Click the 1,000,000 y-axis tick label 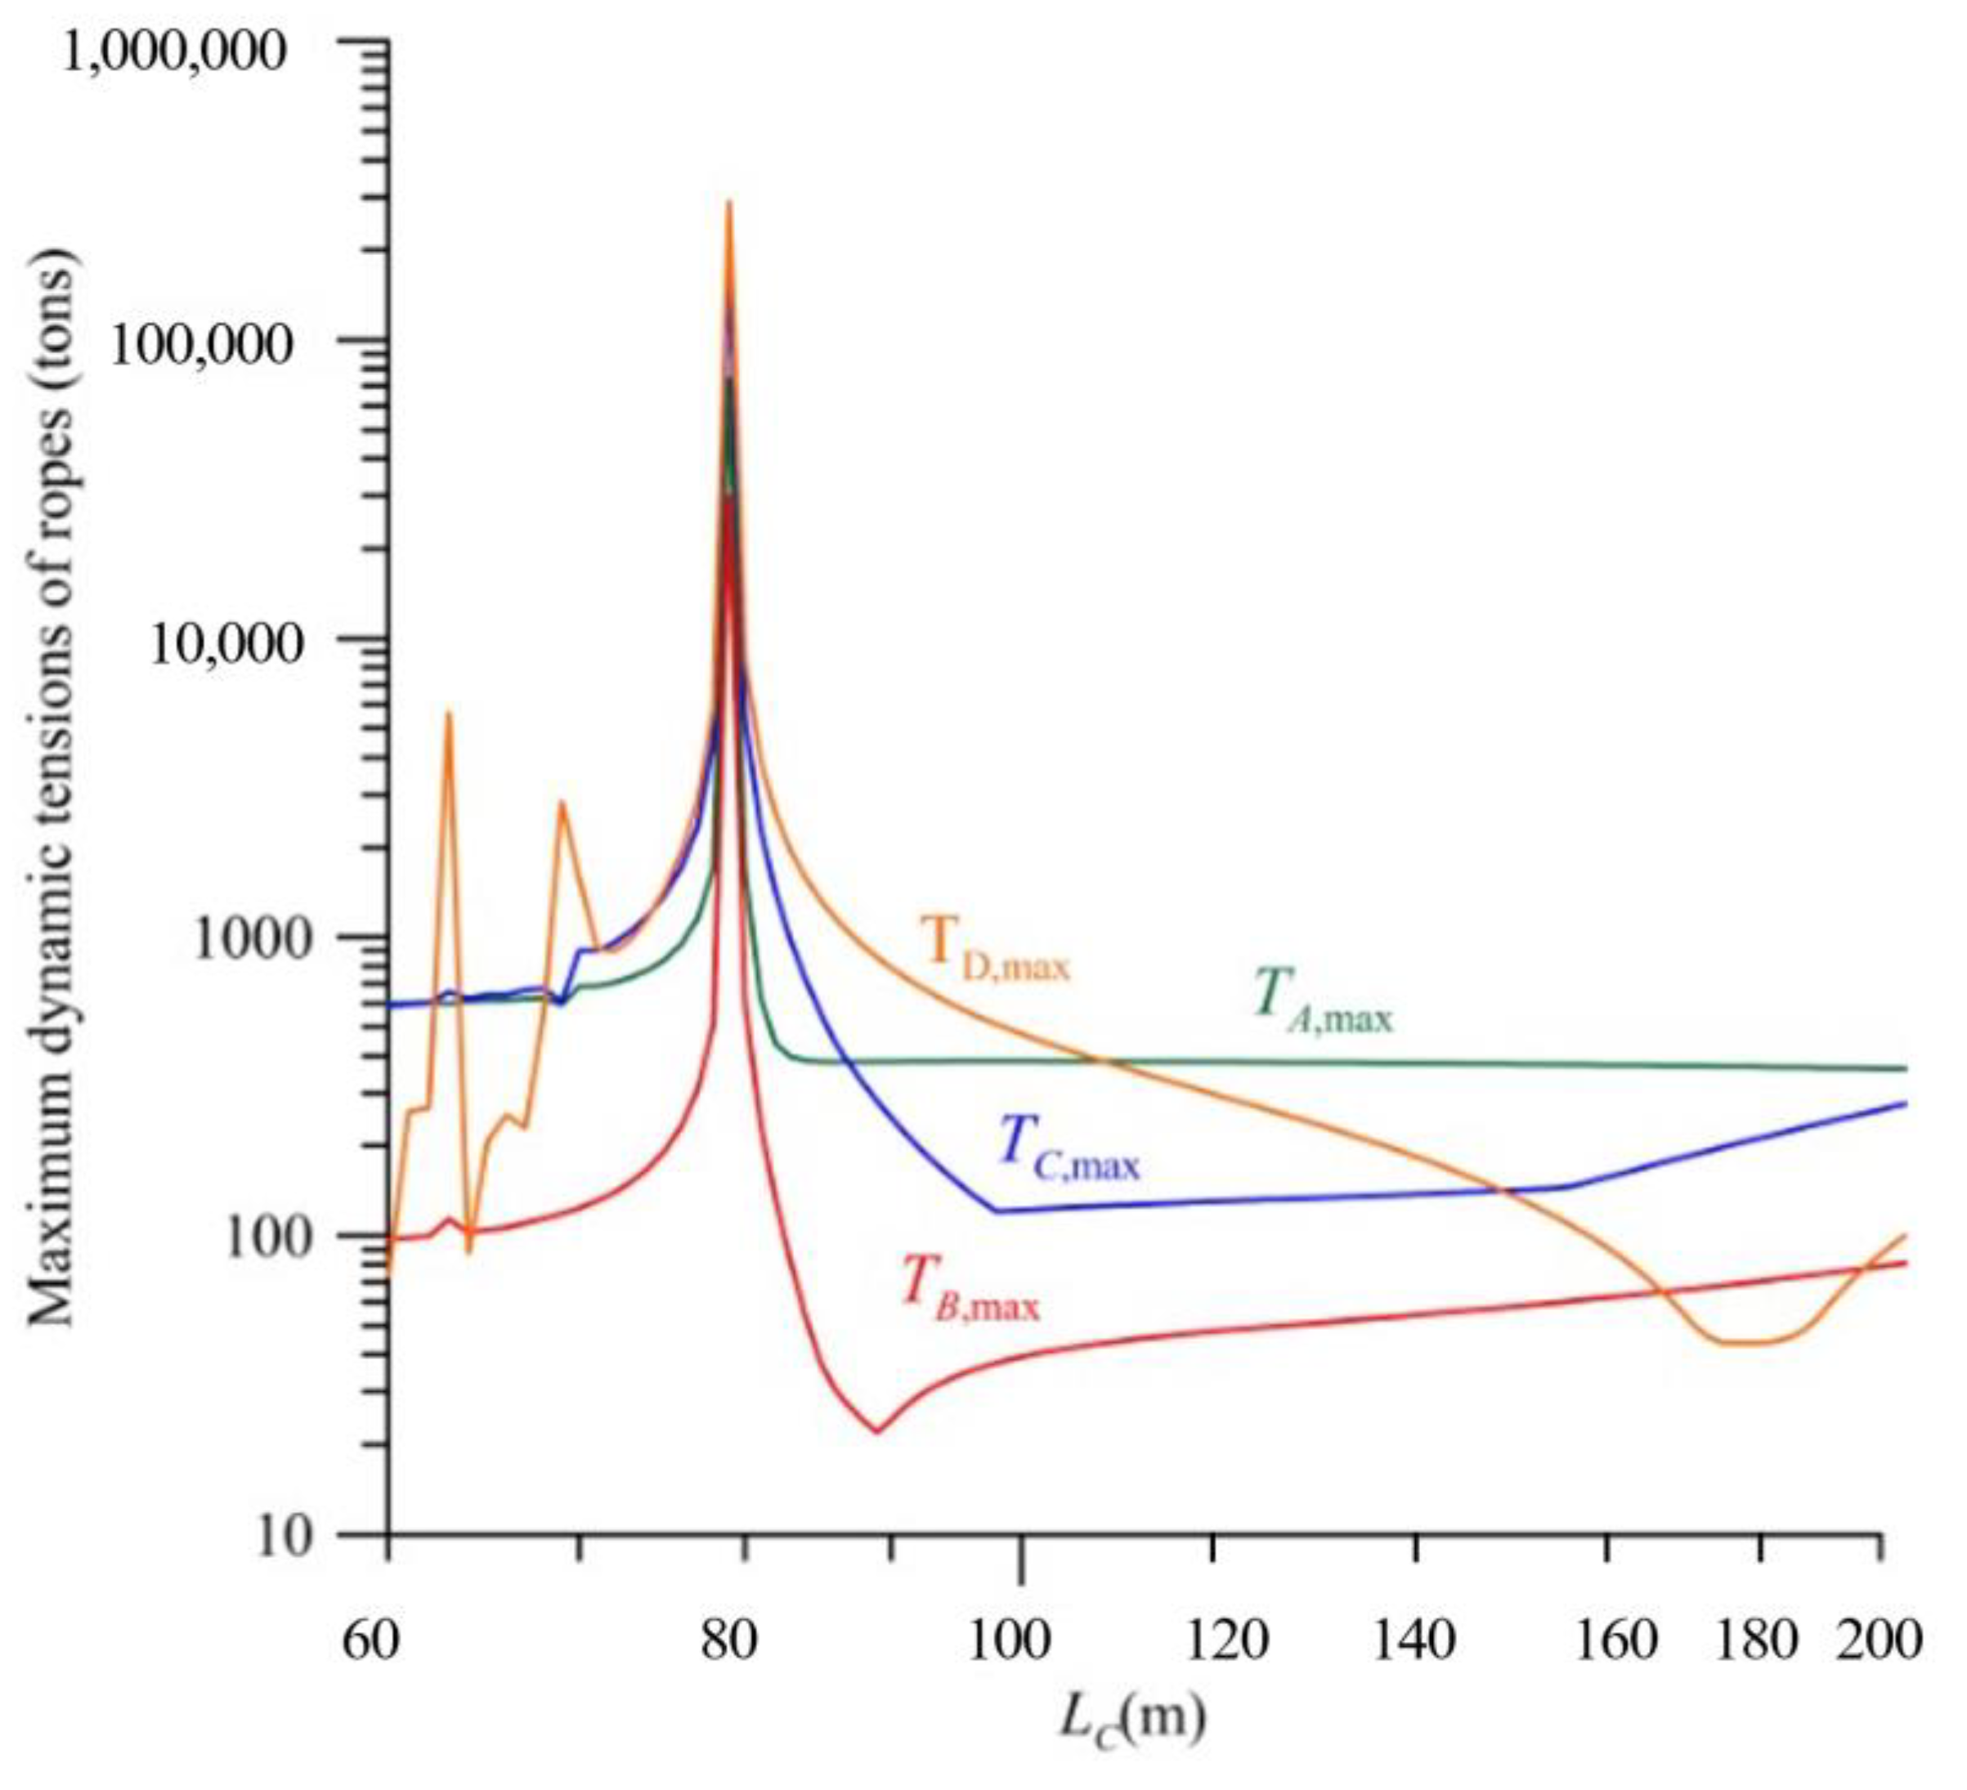[x=177, y=51]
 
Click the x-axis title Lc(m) [x=1131, y=1721]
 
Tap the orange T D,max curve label [x=995, y=948]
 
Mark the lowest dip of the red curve [x=876, y=1432]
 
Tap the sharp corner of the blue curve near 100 [x=995, y=1211]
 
